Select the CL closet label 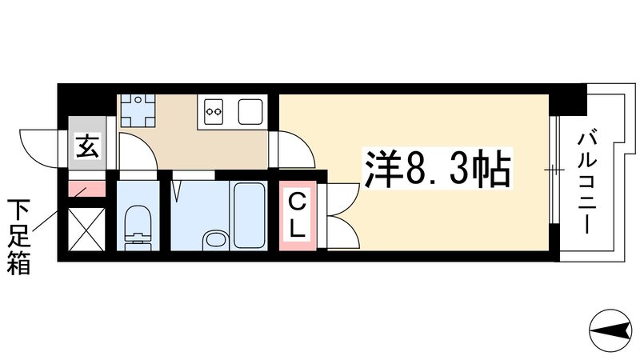pos(297,214)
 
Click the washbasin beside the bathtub pos(214,238)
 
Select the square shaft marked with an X pos(86,229)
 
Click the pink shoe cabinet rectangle pos(86,190)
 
